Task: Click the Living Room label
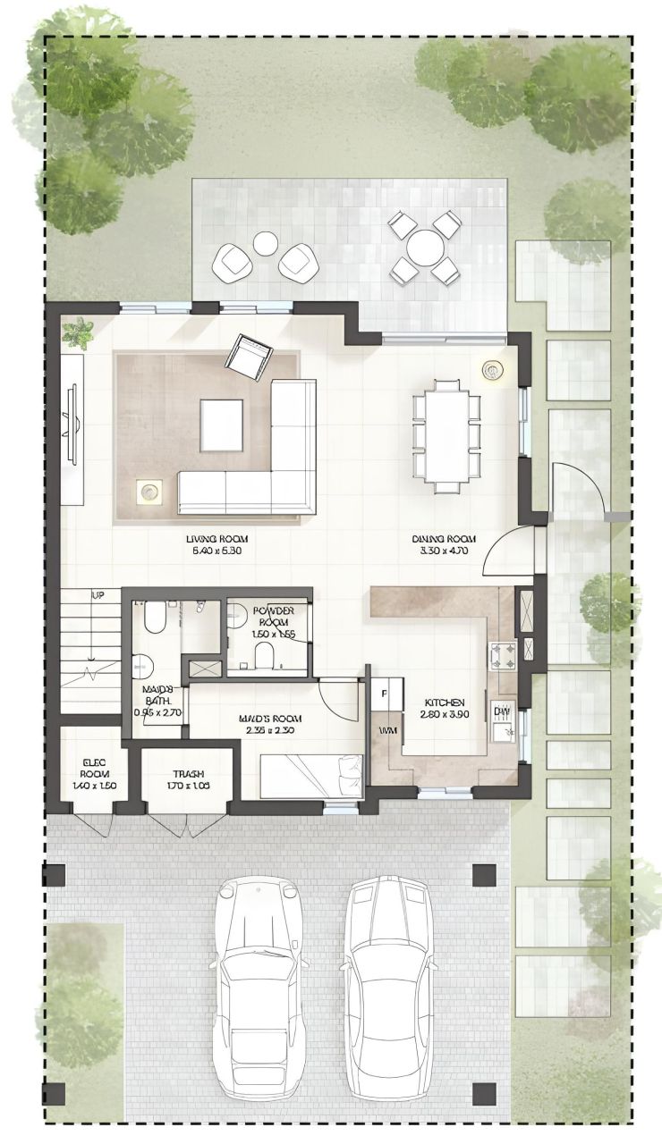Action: click(x=216, y=545)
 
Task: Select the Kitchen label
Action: click(x=443, y=708)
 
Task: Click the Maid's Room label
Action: click(x=269, y=724)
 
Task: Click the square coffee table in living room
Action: click(x=221, y=425)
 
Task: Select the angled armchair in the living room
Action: click(x=248, y=354)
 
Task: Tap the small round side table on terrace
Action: click(x=266, y=243)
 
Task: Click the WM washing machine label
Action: click(x=386, y=731)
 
